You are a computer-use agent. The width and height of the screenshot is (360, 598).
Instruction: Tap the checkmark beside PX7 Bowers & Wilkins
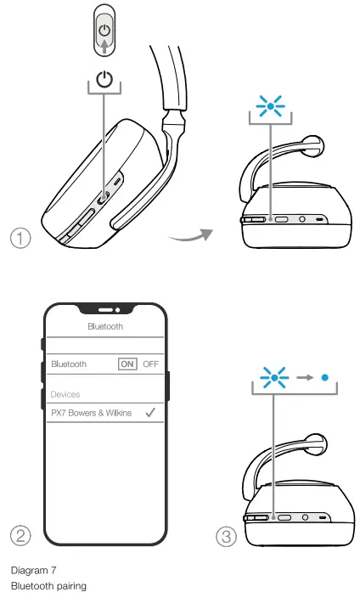[x=149, y=413]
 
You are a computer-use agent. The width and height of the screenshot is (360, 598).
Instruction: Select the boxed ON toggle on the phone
[x=127, y=364]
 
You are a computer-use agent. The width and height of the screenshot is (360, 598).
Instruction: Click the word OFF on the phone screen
[x=150, y=364]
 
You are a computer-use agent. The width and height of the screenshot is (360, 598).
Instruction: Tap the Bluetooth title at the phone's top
[x=105, y=325]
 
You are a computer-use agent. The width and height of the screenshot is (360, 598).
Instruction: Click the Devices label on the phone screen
[x=65, y=395]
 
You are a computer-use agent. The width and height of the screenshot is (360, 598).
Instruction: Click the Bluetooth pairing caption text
[x=48, y=585]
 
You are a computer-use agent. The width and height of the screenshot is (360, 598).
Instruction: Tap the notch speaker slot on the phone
[x=105, y=309]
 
